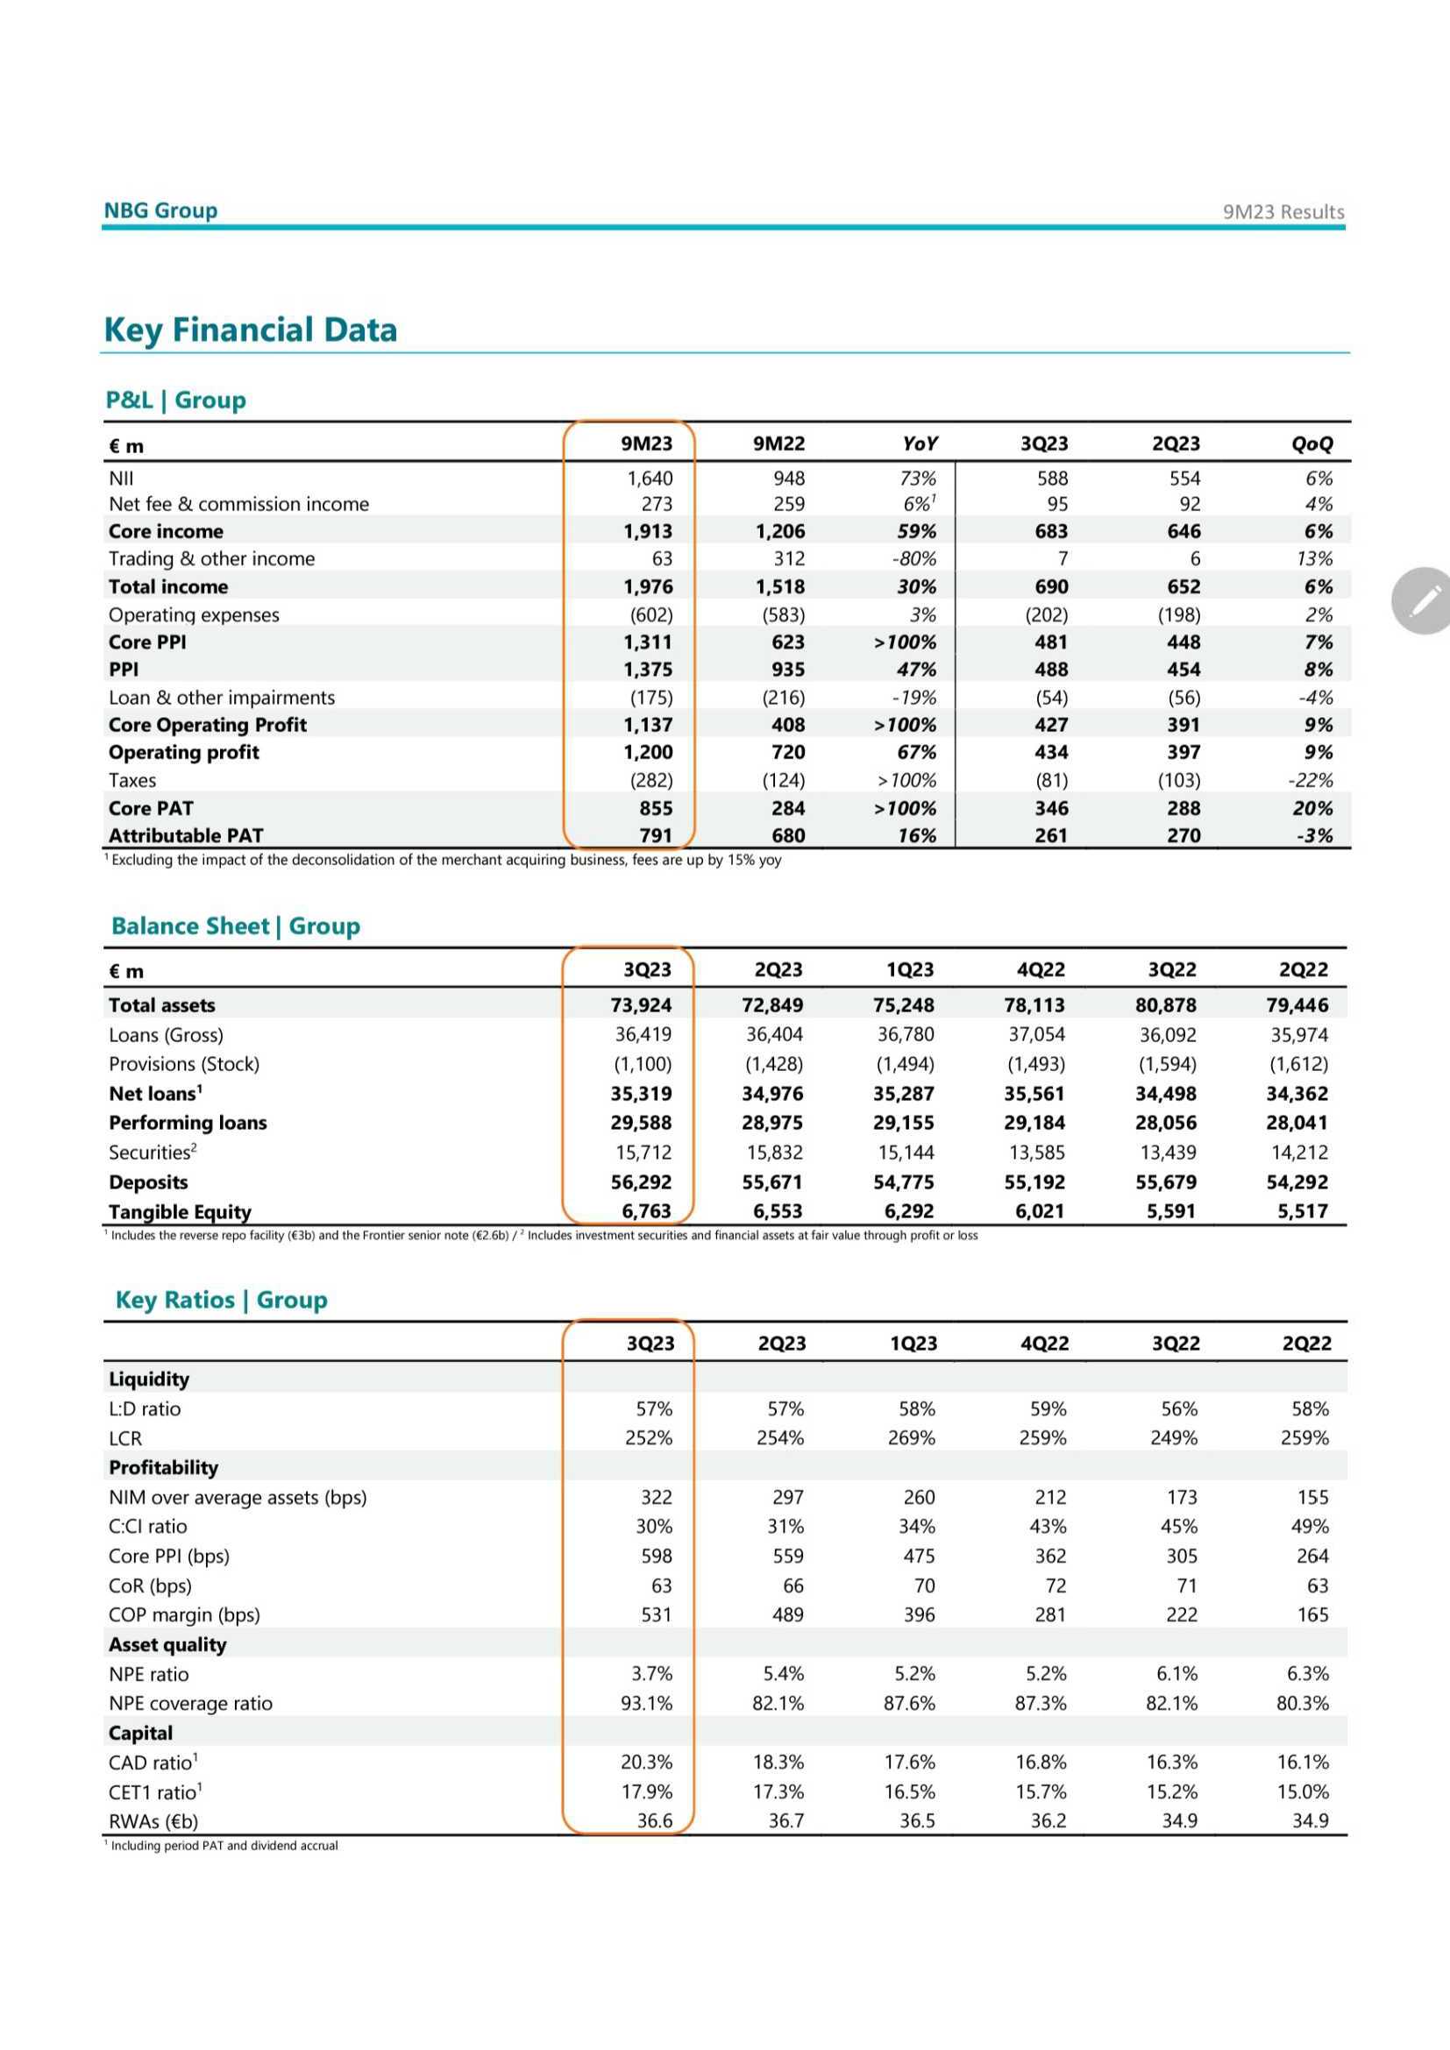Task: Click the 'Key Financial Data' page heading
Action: pos(250,330)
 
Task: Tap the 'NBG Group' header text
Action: pos(160,210)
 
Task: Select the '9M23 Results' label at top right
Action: pos(1283,211)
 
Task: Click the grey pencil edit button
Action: pos(1423,601)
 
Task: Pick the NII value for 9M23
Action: pos(650,479)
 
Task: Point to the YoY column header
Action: pos(920,443)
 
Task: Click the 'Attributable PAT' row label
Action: pos(186,836)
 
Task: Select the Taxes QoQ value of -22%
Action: pos(1310,780)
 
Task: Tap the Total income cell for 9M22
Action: pos(779,586)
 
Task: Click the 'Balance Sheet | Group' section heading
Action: pos(236,926)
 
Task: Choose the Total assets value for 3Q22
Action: pos(1165,1005)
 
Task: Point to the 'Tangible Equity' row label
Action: pos(180,1211)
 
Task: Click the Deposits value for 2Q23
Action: pos(772,1182)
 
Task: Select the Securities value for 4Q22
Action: pos(1035,1153)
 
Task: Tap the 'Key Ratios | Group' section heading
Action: pos(222,1300)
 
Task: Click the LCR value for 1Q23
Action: pos(911,1438)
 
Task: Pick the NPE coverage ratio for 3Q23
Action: pos(646,1704)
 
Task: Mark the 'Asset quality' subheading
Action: pos(167,1644)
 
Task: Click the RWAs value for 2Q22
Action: pos(1310,1821)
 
